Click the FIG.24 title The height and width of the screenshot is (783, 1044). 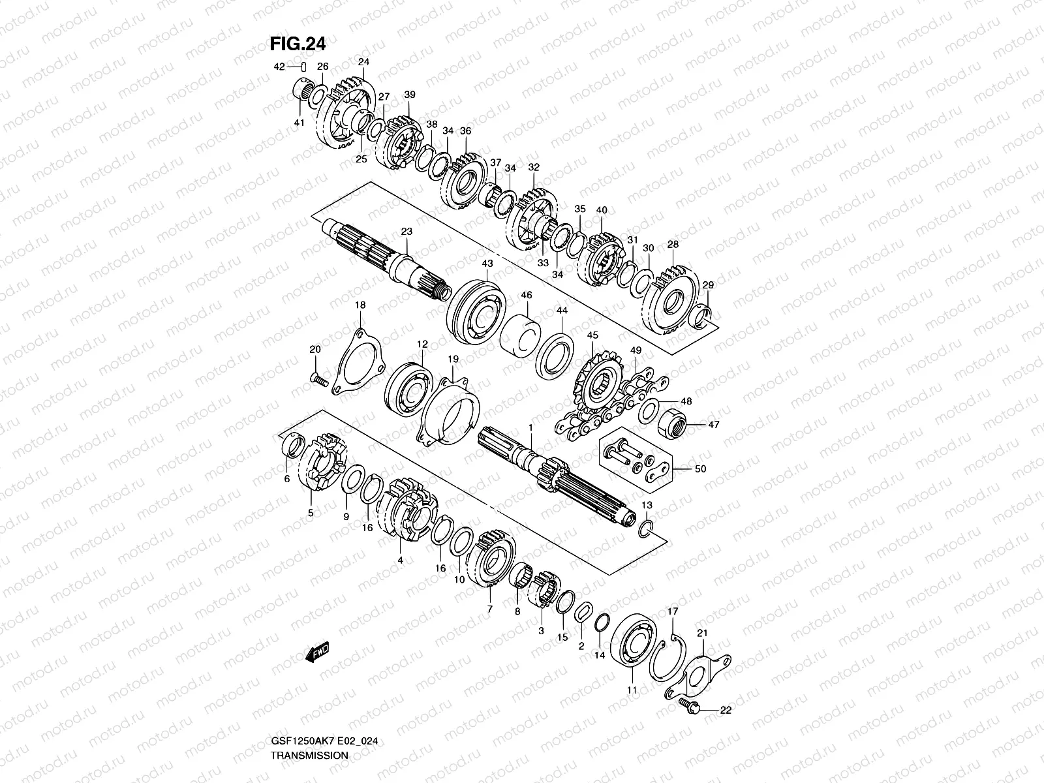(x=298, y=43)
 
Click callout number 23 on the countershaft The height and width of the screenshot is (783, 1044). (x=407, y=232)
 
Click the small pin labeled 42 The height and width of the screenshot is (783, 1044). (x=303, y=67)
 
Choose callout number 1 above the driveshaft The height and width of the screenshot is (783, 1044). (x=531, y=427)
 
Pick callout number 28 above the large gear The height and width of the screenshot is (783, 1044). (x=673, y=244)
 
